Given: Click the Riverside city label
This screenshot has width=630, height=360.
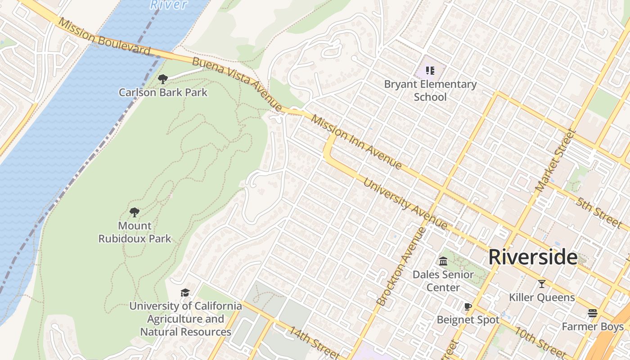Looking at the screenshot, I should coord(533,257).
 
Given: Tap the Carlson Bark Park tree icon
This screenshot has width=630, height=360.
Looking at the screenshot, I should coord(163,80).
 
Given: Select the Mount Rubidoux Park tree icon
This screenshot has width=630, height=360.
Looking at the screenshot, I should coord(134,212).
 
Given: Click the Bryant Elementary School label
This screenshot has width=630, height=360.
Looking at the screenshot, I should coord(430,90).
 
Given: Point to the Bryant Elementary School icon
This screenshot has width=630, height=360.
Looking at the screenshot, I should coord(430,71).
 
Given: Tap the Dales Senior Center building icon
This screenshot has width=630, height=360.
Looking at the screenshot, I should coord(443,261).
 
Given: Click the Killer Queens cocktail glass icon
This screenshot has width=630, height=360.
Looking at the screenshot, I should coord(542,284).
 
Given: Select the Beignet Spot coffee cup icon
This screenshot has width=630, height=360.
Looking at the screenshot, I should coord(468,307).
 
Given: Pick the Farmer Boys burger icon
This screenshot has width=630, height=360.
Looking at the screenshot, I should coord(593,313).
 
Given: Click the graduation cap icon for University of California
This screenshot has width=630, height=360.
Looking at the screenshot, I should coord(185,293).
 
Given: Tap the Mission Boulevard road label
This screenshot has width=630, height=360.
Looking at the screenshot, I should coord(104,37).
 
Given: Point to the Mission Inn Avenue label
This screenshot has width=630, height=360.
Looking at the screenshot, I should coord(356,143).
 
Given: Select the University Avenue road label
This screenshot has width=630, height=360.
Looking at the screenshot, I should coord(405,204).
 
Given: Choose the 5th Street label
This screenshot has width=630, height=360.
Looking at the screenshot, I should coord(598,211).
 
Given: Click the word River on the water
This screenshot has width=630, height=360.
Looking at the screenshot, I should coord(168,4).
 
